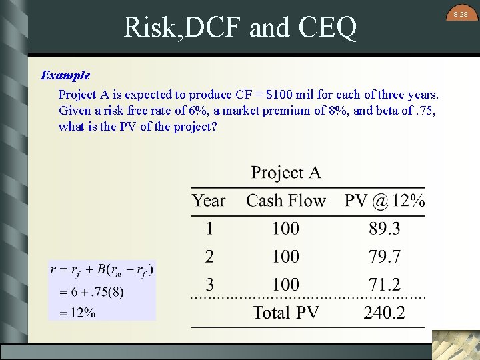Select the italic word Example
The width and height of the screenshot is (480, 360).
[65, 75]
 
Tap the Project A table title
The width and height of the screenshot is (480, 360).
[285, 173]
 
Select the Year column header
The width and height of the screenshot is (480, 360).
[209, 200]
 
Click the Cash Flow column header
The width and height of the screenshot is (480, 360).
[285, 200]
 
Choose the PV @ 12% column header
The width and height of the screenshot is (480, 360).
[385, 200]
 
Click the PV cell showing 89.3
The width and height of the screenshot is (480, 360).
[385, 229]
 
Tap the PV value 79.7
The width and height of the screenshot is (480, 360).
[385, 257]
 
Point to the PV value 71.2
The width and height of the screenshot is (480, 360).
[385, 285]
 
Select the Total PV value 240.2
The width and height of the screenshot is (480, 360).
[385, 313]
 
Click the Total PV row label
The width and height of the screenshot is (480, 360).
[285, 313]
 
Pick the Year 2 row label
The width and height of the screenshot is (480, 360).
[209, 257]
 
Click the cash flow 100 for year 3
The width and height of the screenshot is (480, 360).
[285, 285]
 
